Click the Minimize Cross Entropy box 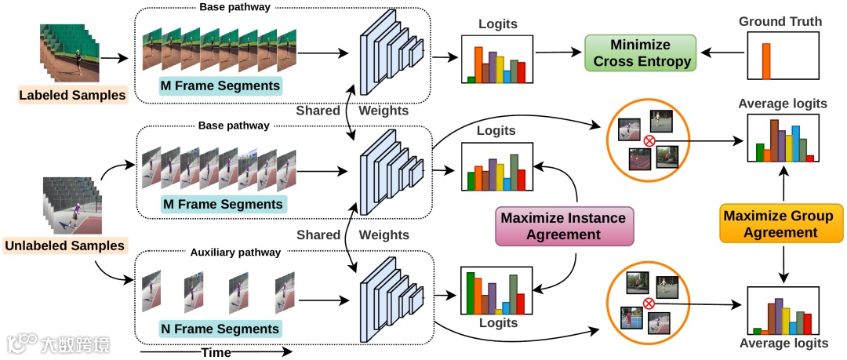pos(640,53)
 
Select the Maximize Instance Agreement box pos(563,226)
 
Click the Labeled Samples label pos(73,96)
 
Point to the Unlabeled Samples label pos(65,245)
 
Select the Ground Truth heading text pos(780,21)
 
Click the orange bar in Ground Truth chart pos(766,61)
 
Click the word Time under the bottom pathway pos(216,352)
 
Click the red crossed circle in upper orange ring pos(649,141)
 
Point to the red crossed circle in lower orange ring pos(649,304)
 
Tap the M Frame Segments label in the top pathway pos(221,85)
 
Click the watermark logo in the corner pos(22,344)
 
